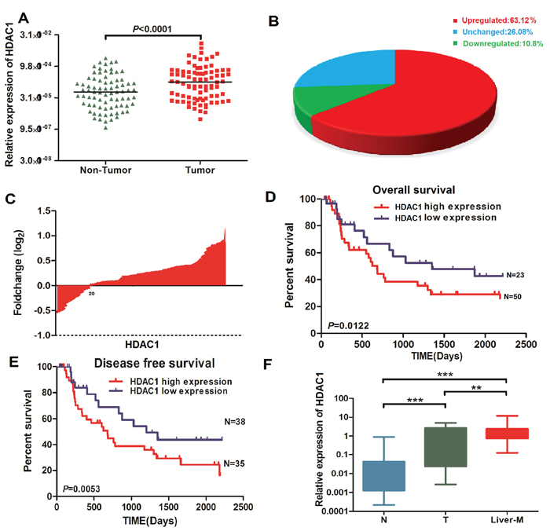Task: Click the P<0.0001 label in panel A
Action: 152,30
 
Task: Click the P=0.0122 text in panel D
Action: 341,326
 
